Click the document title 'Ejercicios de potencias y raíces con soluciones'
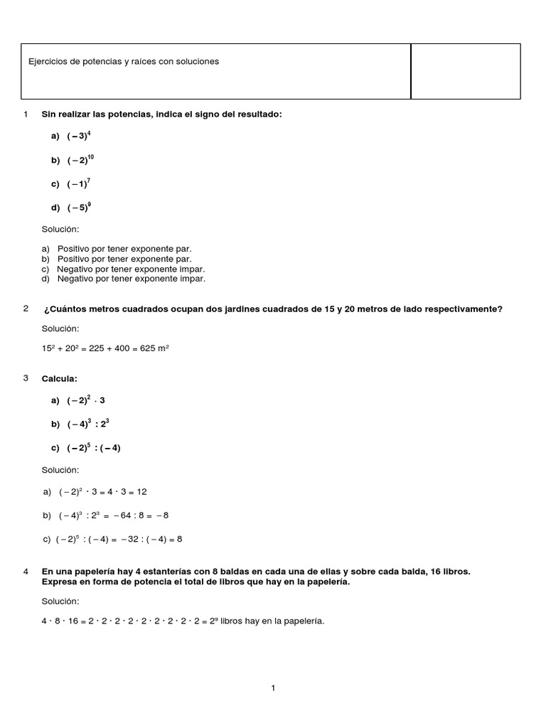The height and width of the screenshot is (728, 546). coord(124,62)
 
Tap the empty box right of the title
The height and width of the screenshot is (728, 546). coord(466,71)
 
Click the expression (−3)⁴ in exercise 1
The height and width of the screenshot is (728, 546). coord(79,136)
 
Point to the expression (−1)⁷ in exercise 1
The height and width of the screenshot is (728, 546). coord(79,184)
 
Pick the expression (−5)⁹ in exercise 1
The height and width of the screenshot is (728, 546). coord(79,208)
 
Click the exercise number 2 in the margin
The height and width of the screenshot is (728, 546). coord(26,309)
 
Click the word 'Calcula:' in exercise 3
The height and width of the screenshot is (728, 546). coord(59,379)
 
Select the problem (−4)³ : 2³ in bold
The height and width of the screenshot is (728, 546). coord(87,424)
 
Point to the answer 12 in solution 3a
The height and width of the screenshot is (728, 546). coord(141,492)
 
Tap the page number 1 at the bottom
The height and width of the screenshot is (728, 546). coord(273,687)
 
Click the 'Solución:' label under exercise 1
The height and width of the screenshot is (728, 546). coord(60,230)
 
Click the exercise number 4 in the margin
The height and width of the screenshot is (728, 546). coord(26,571)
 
